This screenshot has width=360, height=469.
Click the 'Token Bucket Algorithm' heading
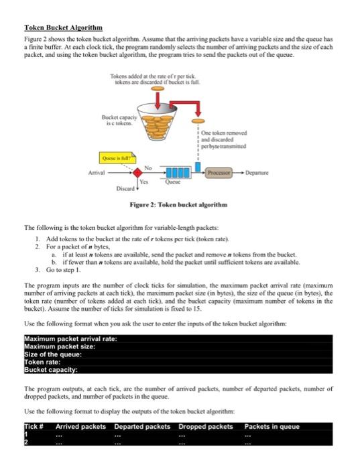(x=64, y=28)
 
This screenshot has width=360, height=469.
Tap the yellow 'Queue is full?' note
(x=117, y=157)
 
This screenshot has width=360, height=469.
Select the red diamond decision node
(x=137, y=173)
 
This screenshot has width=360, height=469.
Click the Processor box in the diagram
(x=219, y=173)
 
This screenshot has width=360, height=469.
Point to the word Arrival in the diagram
(x=97, y=173)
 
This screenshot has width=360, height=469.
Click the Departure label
(x=257, y=173)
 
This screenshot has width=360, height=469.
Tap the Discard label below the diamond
(x=125, y=188)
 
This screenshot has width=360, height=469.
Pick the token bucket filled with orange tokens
(x=157, y=121)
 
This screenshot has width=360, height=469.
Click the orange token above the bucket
(x=158, y=88)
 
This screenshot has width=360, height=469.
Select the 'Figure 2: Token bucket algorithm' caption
(x=178, y=204)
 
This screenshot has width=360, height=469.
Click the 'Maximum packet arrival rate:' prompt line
(x=70, y=339)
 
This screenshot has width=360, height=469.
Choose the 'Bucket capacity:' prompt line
(x=51, y=370)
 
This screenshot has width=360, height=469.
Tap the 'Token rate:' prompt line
(x=42, y=362)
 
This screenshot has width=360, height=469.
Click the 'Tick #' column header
(x=34, y=427)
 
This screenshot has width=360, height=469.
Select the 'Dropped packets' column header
(x=206, y=427)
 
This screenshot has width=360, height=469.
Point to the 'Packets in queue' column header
(x=272, y=427)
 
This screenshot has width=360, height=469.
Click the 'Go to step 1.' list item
(x=64, y=270)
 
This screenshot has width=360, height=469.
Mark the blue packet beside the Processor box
(x=198, y=167)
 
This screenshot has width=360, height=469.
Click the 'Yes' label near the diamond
(x=144, y=182)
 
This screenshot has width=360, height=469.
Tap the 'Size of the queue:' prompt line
(x=53, y=354)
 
